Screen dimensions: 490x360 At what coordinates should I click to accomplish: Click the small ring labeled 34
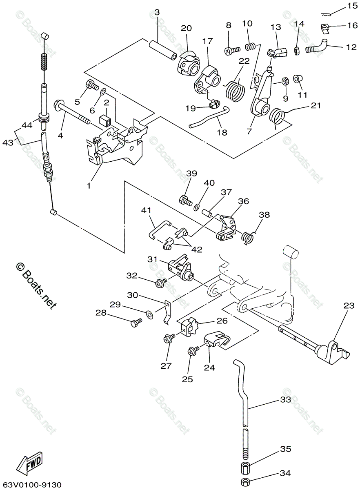pos(246,482)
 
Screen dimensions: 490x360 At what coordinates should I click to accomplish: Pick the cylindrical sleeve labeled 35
pos(246,467)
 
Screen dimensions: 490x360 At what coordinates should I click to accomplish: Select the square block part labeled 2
pos(106,120)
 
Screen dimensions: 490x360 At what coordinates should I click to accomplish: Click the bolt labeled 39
pos(186,200)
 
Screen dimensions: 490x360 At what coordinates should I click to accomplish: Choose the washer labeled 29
pos(149,314)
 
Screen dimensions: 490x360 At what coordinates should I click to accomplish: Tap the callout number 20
pos(186,28)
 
